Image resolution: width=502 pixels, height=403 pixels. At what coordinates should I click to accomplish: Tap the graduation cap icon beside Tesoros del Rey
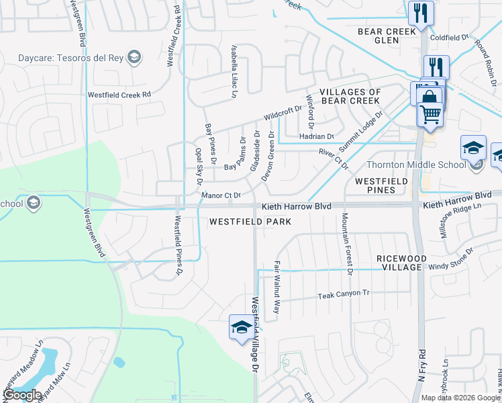tap(134, 56)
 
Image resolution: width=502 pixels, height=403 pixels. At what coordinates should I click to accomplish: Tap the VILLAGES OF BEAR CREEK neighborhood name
tap(350, 96)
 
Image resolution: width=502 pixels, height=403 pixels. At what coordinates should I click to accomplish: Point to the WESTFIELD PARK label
tap(250, 221)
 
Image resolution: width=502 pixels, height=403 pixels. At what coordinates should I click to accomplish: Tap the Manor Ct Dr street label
tap(221, 195)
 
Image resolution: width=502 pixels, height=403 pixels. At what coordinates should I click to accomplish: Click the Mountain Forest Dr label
tap(346, 244)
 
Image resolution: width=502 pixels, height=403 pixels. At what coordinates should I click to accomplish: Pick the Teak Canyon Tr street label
tap(344, 295)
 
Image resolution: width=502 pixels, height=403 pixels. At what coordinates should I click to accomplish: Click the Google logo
tap(21, 395)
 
